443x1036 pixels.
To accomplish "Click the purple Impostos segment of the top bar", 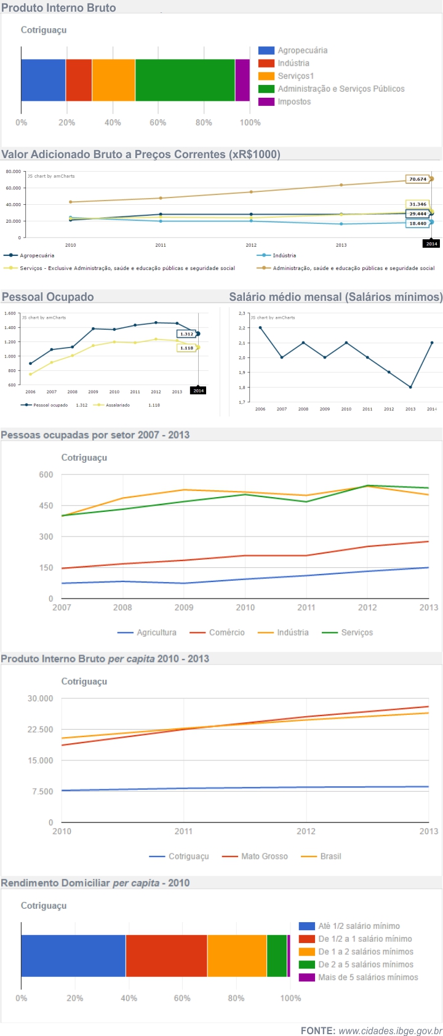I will pyautogui.click(x=242, y=80).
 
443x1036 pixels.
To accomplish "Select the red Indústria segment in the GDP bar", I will pyautogui.click(x=79, y=80).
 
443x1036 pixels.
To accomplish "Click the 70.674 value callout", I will pyautogui.click(x=418, y=179).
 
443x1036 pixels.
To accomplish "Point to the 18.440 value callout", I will pyautogui.click(x=418, y=223).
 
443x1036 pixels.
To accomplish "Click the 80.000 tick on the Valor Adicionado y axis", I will pyautogui.click(x=13, y=172).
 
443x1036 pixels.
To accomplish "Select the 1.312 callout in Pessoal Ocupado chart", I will pyautogui.click(x=186, y=334).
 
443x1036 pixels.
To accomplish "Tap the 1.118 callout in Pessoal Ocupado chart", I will pyautogui.click(x=186, y=348).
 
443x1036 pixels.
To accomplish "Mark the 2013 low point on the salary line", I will pyautogui.click(x=410, y=387).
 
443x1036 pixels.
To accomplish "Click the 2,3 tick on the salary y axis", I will pyautogui.click(x=242, y=313).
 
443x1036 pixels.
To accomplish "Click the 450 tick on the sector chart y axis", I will pyautogui.click(x=46, y=506).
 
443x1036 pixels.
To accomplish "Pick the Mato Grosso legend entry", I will pyautogui.click(x=263, y=856).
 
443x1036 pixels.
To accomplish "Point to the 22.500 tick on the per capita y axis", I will pyautogui.click(x=41, y=730).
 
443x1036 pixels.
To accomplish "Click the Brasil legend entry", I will pyautogui.click(x=330, y=856).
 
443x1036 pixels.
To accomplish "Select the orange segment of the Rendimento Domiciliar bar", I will pyautogui.click(x=237, y=955).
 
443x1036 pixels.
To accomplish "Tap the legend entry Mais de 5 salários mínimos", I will pyautogui.click(x=367, y=977).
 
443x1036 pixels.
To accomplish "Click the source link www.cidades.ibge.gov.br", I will pyautogui.click(x=390, y=1030).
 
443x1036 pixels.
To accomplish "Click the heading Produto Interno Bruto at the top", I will pyautogui.click(x=58, y=8).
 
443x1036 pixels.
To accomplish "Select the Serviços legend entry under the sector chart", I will pyautogui.click(x=356, y=632).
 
